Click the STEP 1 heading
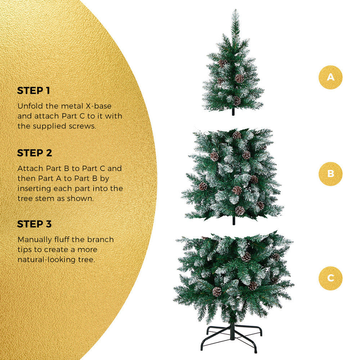coord(33,91)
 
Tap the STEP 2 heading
coord(35,153)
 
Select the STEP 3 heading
coord(35,224)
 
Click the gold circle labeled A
coord(330,77)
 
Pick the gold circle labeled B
coord(330,174)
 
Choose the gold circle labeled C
coord(330,278)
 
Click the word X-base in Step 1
coord(99,106)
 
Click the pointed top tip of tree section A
coord(235,10)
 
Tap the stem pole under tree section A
coord(233,112)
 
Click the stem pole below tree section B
coord(234,221)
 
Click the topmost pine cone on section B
coord(237,135)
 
